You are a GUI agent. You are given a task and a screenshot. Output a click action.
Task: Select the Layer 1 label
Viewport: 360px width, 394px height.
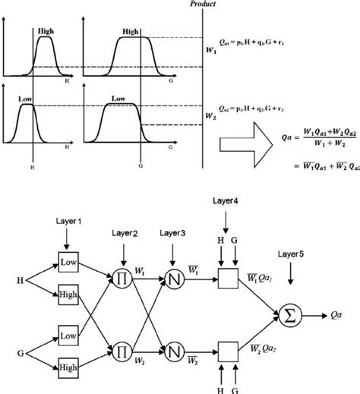click(x=68, y=220)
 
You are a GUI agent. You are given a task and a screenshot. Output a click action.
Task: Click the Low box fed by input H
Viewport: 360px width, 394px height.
click(x=68, y=263)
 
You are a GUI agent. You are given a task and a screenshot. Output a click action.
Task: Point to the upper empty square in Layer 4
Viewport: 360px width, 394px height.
click(x=226, y=276)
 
